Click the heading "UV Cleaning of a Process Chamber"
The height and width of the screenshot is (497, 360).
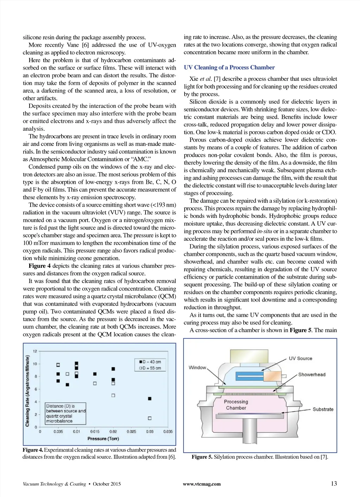click(229, 67)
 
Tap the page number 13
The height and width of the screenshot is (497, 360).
click(334, 483)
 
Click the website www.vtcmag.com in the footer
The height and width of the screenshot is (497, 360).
click(202, 484)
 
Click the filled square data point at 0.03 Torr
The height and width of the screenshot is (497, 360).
click(150, 399)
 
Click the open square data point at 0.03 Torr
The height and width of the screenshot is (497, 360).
click(150, 418)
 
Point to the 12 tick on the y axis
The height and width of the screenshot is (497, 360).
click(35, 351)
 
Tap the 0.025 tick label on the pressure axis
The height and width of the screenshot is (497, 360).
click(131, 431)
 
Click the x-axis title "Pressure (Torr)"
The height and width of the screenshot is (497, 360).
click(103, 439)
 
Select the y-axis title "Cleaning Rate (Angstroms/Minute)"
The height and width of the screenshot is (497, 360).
click(27, 391)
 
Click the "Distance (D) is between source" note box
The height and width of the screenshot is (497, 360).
click(66, 413)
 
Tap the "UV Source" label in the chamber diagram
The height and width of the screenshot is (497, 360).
click(300, 359)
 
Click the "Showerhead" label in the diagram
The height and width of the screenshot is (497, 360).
click(312, 375)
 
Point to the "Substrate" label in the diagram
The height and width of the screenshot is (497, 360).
click(323, 409)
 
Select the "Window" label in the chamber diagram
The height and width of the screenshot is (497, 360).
click(197, 368)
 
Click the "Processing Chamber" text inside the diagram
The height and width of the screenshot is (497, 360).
click(236, 405)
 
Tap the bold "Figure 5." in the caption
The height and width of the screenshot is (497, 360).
click(202, 457)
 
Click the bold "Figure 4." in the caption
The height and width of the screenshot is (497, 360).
click(33, 450)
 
